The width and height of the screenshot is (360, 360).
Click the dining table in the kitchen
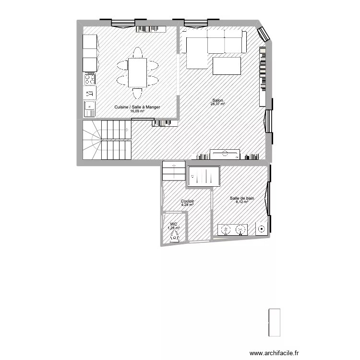click(x=138, y=72)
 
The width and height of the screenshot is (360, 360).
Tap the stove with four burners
click(x=90, y=79)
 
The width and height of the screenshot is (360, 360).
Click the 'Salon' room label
click(x=217, y=100)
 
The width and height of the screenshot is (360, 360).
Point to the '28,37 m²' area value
click(x=217, y=104)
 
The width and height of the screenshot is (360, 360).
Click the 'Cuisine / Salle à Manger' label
click(x=137, y=108)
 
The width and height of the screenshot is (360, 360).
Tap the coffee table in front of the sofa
click(x=226, y=66)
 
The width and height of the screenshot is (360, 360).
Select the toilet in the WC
click(x=175, y=235)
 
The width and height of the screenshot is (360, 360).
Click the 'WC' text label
click(x=174, y=224)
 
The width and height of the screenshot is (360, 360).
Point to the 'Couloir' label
click(x=187, y=201)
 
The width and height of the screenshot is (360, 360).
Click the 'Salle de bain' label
click(x=242, y=198)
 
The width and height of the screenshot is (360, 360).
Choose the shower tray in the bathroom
click(x=204, y=176)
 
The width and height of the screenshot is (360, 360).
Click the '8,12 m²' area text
click(x=242, y=202)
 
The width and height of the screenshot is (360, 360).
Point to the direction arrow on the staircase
click(x=126, y=130)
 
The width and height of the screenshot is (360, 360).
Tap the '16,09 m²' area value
click(x=137, y=111)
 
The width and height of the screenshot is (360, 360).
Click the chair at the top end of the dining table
click(x=138, y=51)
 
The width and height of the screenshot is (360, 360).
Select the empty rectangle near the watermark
click(x=274, y=323)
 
